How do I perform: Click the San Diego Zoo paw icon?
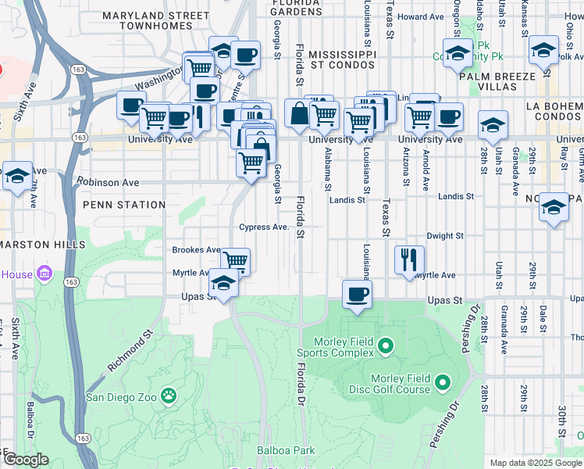coord(168,396)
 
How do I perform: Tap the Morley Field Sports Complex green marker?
coord(385,345)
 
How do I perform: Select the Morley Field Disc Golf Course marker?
coord(443,382)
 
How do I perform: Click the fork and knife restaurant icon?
coord(409,259)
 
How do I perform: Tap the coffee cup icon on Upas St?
coord(357,294)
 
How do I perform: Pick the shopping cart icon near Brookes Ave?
coord(235,260)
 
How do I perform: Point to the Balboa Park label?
coord(286,450)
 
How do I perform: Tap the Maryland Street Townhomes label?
coord(156,20)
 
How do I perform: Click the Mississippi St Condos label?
coord(342,59)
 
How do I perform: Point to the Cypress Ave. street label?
coord(265,227)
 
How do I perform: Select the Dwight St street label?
coord(445,235)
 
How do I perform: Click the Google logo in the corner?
coord(25,459)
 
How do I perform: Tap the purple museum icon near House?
coord(44,274)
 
